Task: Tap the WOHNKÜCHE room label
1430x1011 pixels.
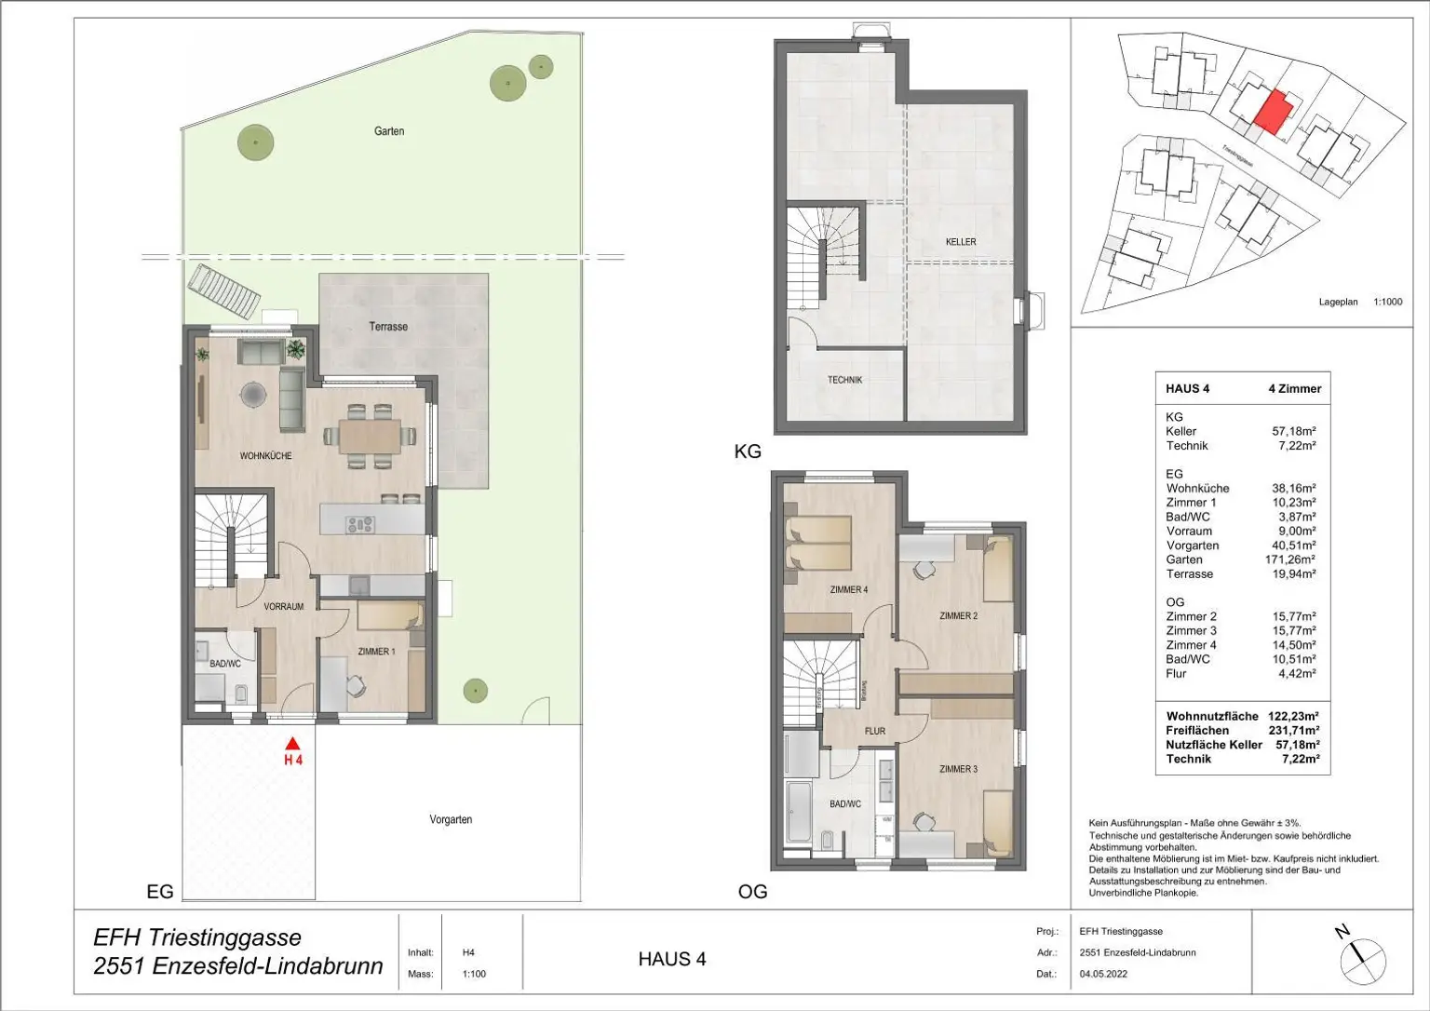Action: [265, 456]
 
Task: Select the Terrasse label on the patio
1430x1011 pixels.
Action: [388, 327]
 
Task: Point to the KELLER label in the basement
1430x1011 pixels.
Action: [961, 242]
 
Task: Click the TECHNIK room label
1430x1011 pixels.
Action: [844, 380]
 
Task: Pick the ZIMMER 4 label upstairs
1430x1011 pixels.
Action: [848, 589]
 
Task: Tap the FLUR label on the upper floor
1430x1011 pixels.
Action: [874, 731]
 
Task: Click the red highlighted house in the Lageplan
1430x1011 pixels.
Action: [1274, 112]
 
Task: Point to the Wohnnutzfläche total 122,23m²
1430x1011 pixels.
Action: [1293, 717]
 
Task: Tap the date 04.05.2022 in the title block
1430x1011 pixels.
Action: [1103, 974]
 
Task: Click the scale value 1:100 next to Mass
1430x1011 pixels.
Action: [474, 974]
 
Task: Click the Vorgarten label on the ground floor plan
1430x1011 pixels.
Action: [451, 819]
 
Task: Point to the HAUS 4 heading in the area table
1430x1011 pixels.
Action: [1187, 388]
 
